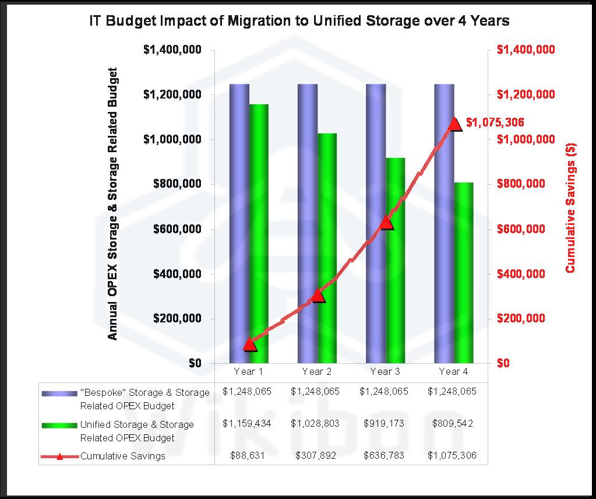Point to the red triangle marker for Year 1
pos(250,345)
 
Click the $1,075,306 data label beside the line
pos(495,122)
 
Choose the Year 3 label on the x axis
pos(385,371)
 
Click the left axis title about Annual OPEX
pos(113,204)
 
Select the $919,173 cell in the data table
pos(385,424)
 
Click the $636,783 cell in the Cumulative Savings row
pos(385,456)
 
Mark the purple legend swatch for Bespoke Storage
pos(59,393)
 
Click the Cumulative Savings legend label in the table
pos(123,456)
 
